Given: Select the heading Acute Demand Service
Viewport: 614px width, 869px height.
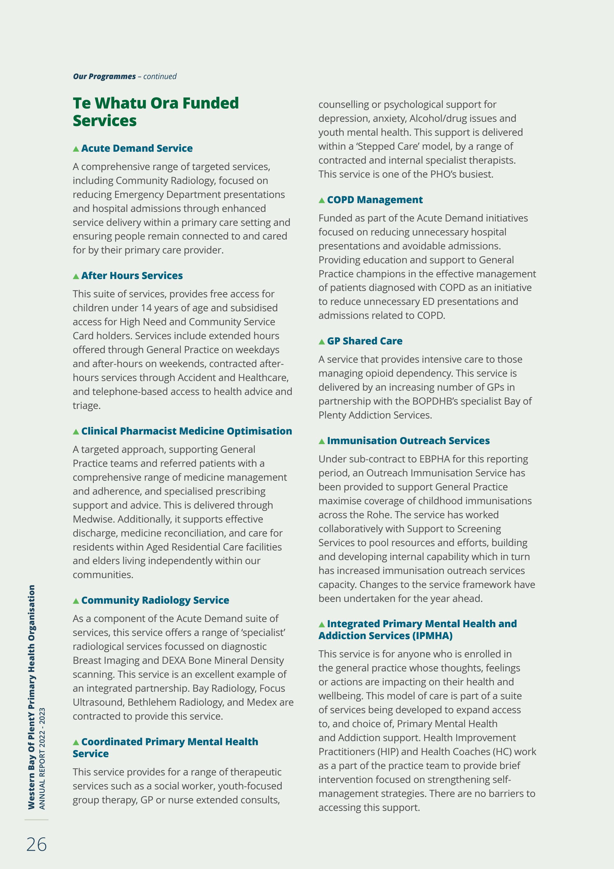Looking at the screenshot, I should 136,148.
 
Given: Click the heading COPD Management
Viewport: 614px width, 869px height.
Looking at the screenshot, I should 375,200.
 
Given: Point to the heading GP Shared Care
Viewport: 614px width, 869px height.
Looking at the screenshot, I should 364,341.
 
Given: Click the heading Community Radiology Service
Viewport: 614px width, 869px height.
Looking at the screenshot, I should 155,600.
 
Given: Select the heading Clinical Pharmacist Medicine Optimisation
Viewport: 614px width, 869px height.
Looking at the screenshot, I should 186,431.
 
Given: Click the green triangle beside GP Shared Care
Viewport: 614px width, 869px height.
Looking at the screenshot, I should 322,342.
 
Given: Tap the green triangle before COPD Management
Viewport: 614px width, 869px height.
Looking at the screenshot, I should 322,201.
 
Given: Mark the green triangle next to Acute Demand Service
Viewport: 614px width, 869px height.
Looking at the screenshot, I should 76,149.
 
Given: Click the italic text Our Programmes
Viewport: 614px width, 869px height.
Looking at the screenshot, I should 104,76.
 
